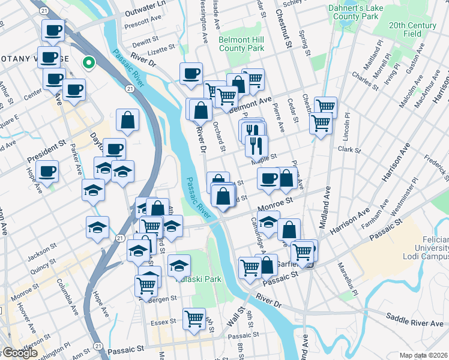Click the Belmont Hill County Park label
pos(242,43)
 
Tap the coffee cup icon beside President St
pos(47,171)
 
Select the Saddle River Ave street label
pos(415,323)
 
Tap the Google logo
pos(19,353)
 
